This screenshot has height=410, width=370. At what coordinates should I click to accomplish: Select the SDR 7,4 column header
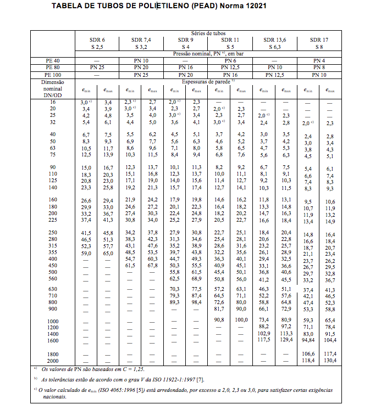141,40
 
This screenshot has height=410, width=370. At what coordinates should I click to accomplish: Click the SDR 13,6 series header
274,40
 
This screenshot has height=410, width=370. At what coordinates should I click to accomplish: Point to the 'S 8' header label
319,47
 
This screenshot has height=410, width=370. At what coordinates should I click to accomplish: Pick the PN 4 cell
319,60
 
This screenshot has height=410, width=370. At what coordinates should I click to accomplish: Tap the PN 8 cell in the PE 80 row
319,67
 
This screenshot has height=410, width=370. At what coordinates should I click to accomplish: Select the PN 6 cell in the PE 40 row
230,60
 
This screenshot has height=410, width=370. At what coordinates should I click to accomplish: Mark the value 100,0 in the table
241,320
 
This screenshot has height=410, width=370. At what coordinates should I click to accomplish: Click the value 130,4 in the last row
330,360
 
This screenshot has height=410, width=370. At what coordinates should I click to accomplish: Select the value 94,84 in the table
308,340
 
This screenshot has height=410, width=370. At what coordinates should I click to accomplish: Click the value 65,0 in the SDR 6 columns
108,253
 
